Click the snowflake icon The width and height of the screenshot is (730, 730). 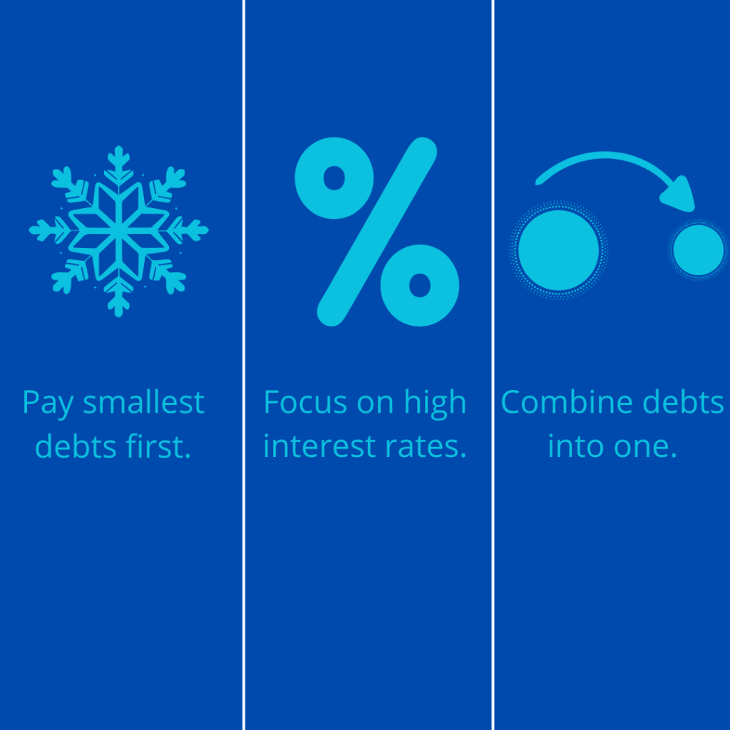click(x=119, y=232)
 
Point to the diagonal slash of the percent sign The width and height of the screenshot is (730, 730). click(x=377, y=232)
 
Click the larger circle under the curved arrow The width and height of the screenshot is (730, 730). click(x=558, y=250)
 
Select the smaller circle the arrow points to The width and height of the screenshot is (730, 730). click(x=699, y=250)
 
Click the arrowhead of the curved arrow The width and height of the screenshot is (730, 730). click(x=679, y=195)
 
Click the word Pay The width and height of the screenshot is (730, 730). click(x=48, y=403)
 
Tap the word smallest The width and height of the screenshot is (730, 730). click(x=143, y=402)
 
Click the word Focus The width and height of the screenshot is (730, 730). click(x=305, y=402)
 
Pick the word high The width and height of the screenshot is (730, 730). click(x=435, y=403)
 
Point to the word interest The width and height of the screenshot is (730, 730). click(x=319, y=446)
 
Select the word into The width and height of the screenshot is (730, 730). click(x=576, y=446)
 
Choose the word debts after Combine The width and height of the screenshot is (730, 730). click(x=683, y=401)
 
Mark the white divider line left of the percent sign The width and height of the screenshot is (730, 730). click(x=244, y=365)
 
